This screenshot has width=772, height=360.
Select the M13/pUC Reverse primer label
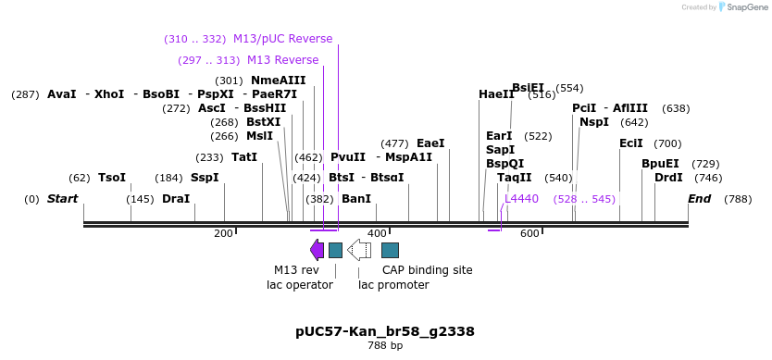point(282,39)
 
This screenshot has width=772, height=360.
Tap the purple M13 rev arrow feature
point(317,250)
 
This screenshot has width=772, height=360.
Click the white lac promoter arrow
point(359,250)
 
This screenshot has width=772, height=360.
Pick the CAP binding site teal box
point(390,250)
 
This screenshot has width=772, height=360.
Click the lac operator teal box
point(335,250)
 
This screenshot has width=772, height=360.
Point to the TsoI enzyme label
point(112,178)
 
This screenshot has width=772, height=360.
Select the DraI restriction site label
point(176,199)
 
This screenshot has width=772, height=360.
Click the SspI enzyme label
point(205,178)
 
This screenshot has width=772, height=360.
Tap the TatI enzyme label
point(244,157)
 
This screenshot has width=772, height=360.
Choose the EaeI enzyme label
point(430,143)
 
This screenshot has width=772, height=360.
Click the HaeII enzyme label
point(496,94)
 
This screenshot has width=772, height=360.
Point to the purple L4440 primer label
point(521,199)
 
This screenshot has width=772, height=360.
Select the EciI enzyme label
point(631,143)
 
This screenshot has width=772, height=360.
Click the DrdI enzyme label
point(668,178)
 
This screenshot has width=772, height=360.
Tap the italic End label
point(700,199)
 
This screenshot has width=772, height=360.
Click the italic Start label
point(62,199)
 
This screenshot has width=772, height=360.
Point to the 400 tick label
point(377,233)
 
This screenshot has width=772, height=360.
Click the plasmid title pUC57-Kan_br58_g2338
point(385,331)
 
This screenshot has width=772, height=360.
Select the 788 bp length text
point(385,346)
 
